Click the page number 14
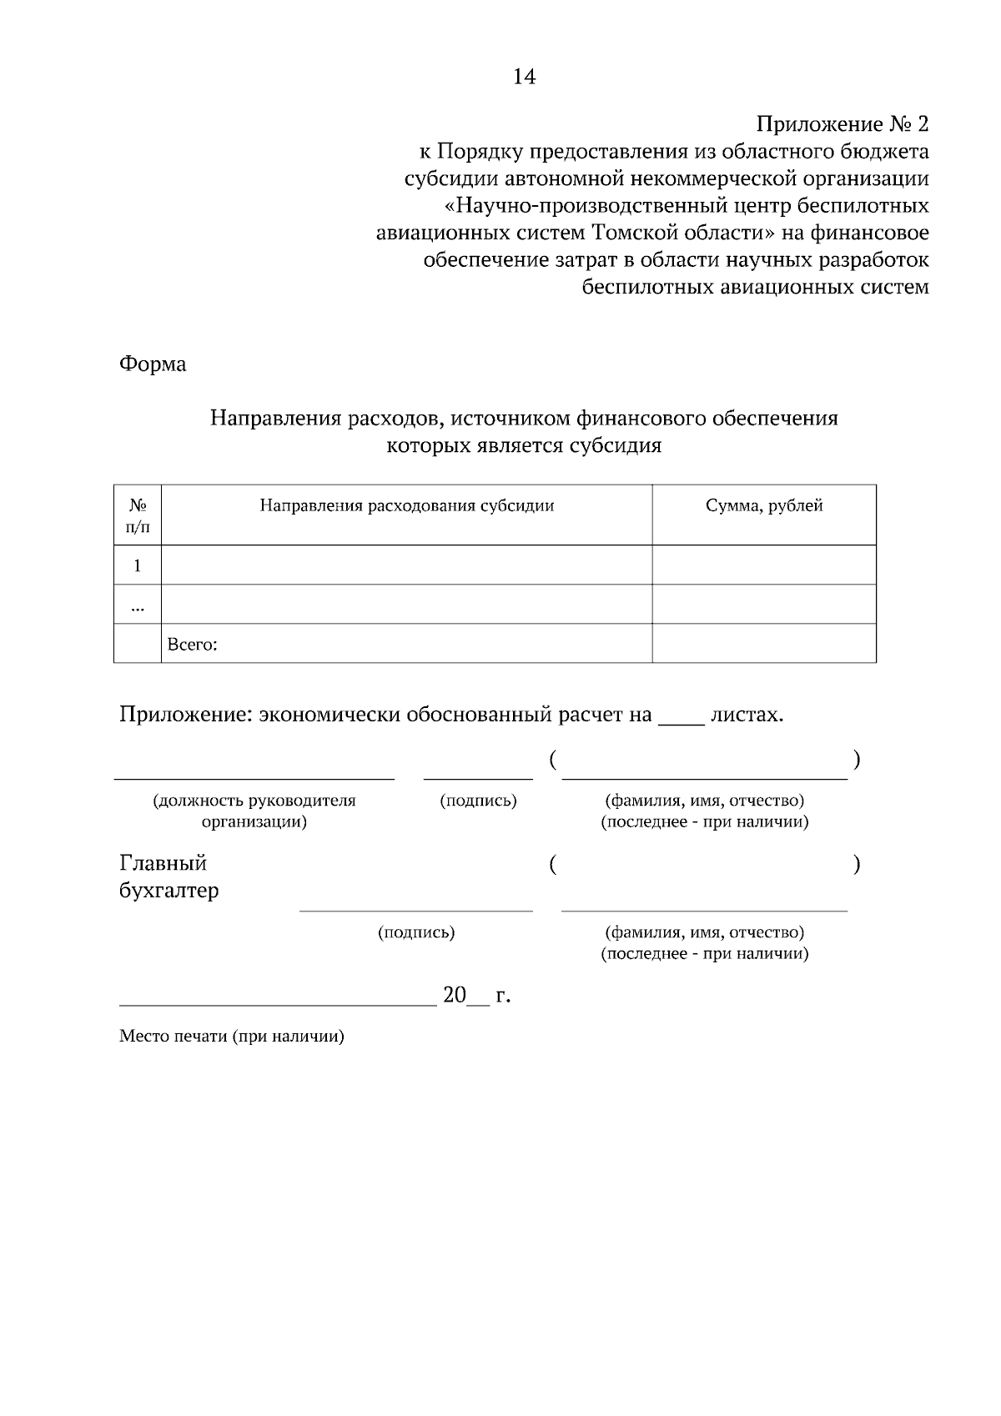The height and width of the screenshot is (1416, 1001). [524, 78]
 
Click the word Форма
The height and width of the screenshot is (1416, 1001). [153, 364]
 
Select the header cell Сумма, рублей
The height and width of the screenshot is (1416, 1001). [764, 506]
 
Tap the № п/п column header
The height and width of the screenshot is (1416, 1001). [138, 516]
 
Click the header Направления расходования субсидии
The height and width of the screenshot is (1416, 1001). [406, 506]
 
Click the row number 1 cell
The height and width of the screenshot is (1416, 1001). [138, 566]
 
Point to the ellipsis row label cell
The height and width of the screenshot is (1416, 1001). [138, 606]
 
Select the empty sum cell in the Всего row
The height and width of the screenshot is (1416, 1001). [764, 644]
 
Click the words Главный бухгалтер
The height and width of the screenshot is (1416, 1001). [169, 876]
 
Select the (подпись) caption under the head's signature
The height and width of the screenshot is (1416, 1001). [478, 801]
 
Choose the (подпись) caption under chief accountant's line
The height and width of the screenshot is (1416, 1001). [416, 933]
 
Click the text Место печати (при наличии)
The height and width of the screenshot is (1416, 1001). [232, 1037]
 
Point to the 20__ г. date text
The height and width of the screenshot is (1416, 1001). [476, 996]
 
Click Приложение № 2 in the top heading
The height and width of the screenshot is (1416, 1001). [842, 125]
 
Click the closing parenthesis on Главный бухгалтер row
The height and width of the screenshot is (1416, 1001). [857, 866]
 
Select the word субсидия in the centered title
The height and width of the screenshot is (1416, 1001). [616, 446]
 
